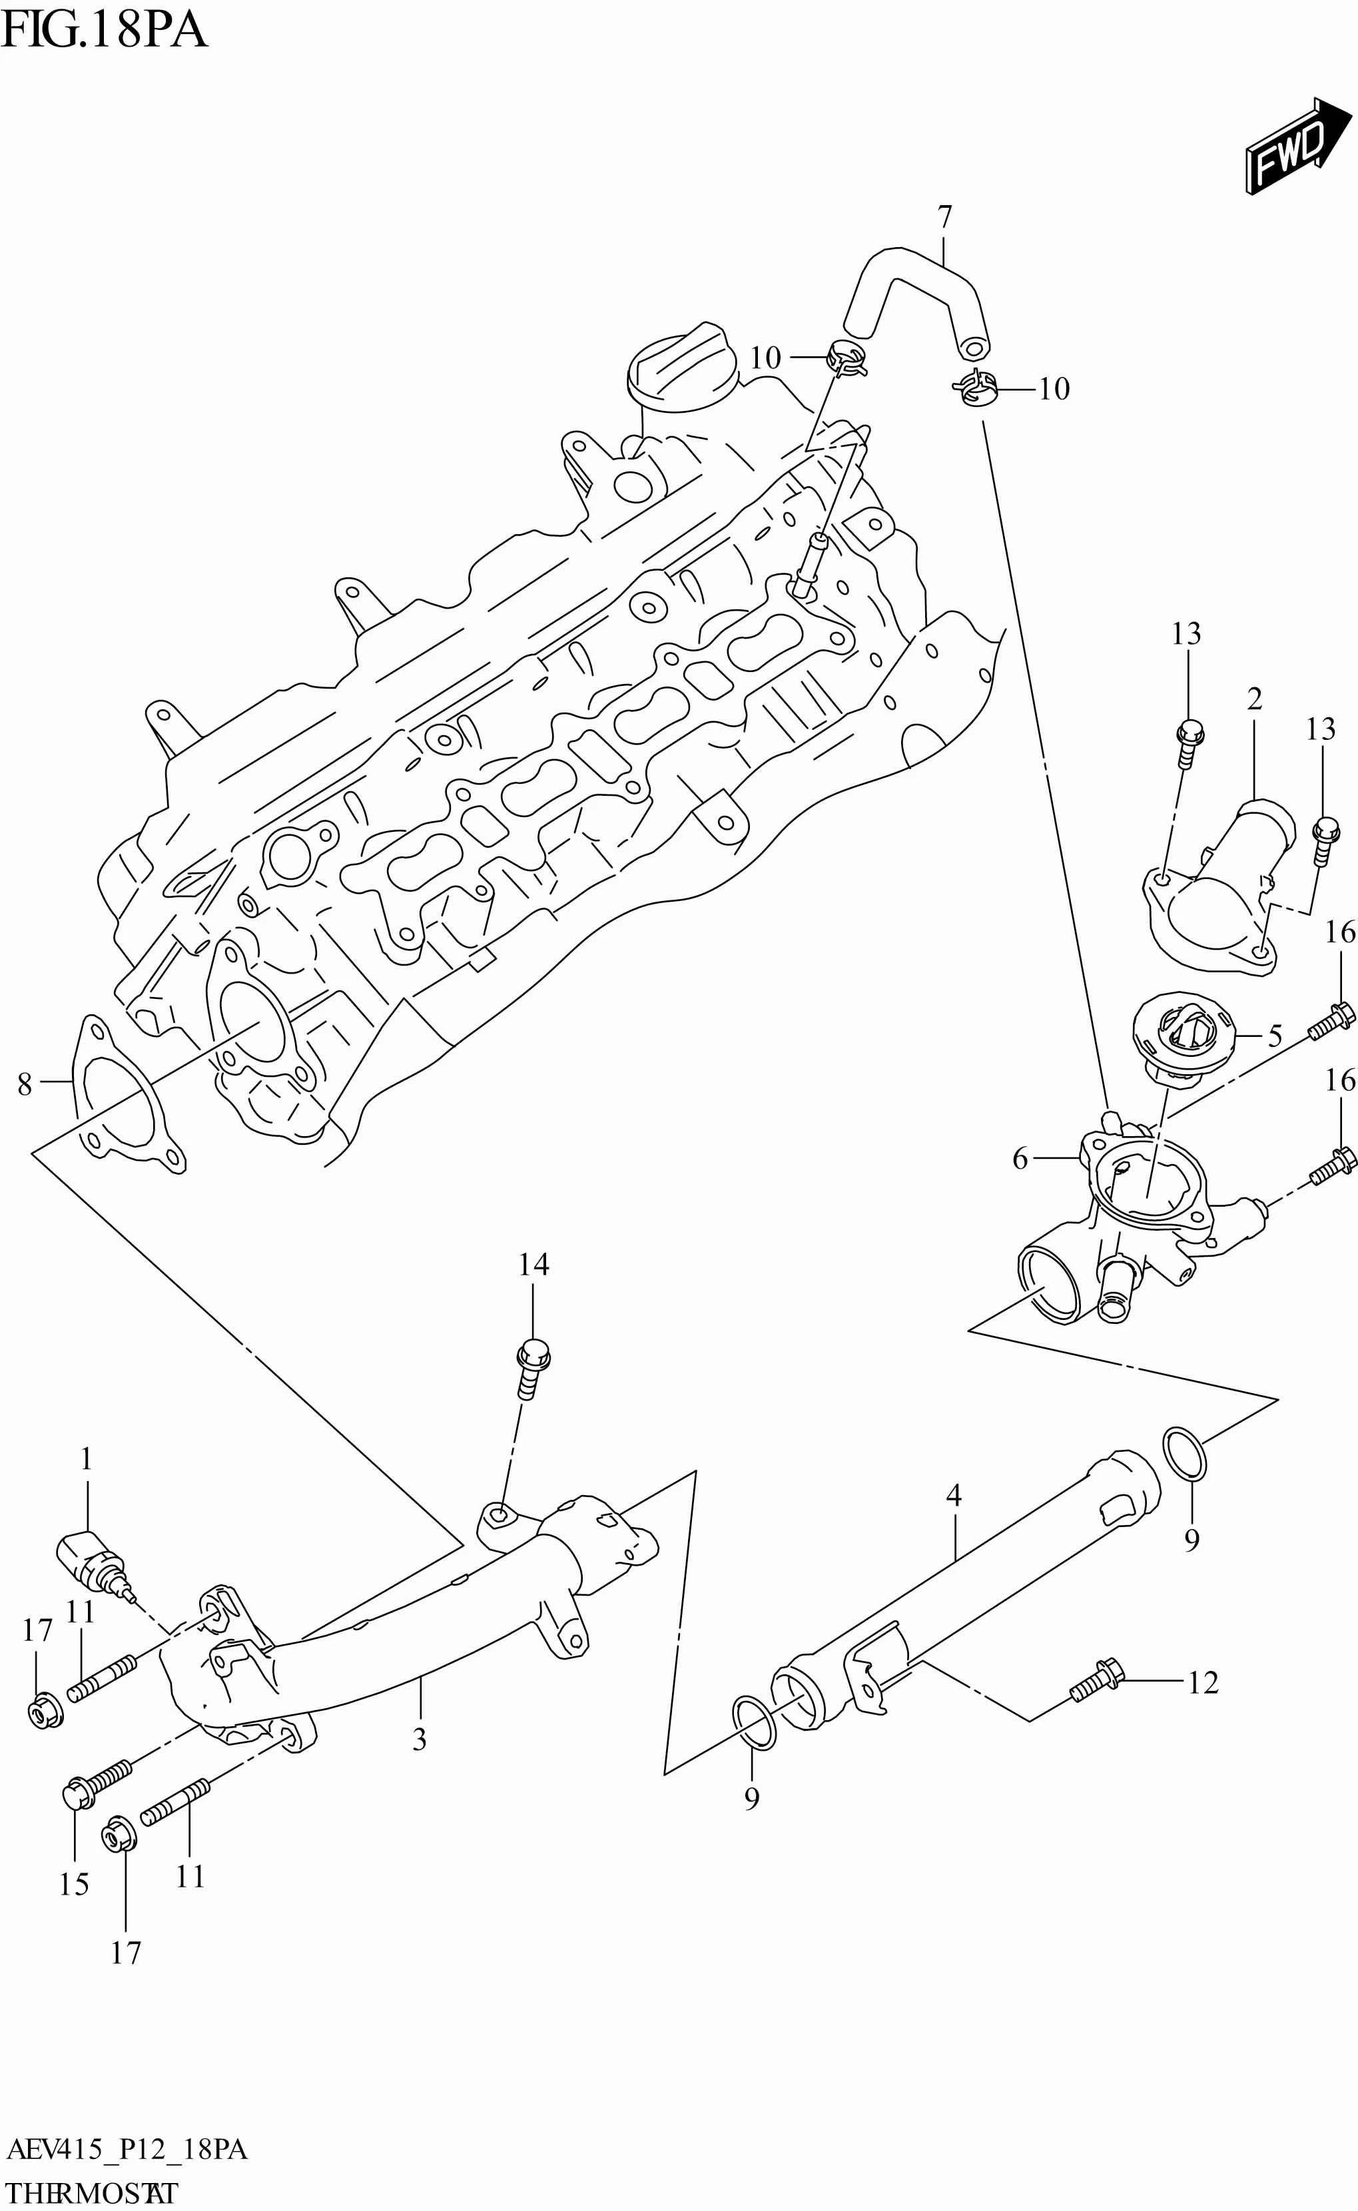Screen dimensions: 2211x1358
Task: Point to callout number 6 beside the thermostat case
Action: (x=1020, y=1159)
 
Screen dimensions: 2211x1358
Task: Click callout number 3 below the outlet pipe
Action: (x=420, y=1739)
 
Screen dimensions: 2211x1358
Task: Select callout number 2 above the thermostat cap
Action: (x=1254, y=698)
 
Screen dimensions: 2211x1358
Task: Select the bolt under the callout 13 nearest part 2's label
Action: (x=1189, y=743)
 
